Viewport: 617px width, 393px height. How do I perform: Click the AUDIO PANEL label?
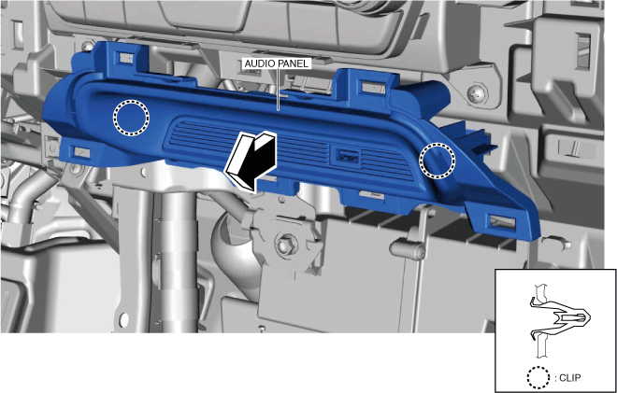(277, 63)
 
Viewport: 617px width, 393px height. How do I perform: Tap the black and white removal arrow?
(251, 161)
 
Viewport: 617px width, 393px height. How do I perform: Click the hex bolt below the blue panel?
(284, 246)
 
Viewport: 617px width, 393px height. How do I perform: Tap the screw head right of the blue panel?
(478, 93)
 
